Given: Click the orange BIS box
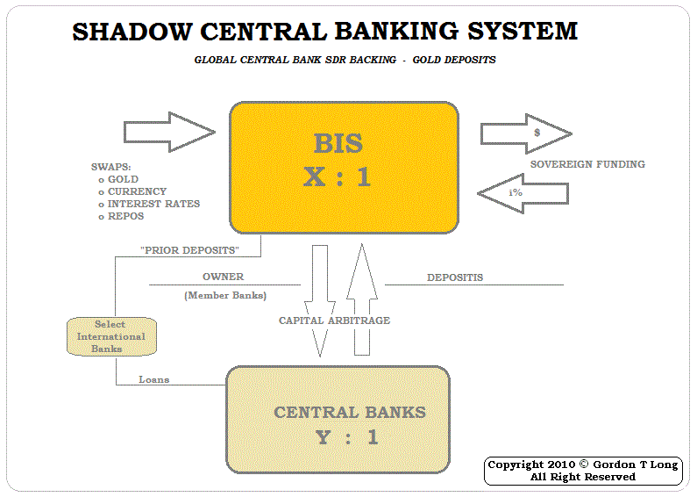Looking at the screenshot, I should pos(344,167).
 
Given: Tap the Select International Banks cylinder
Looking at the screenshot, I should pos(110,336).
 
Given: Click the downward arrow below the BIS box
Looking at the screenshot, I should pos(320,299).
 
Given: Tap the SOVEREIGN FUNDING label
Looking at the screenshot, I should pos(587,164).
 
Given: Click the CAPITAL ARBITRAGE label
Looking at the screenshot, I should pos(334,321).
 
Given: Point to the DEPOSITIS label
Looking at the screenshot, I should pos(455,278).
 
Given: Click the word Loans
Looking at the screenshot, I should pos(154,380).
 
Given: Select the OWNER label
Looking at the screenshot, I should pos(223,277).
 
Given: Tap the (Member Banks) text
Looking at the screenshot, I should pos(225,296).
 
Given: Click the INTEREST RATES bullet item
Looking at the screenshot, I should pos(153,204).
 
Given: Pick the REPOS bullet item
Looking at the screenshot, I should pos(125,216).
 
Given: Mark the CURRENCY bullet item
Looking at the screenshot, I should pos(137,191).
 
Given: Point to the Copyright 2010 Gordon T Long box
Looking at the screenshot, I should pos(583,471).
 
